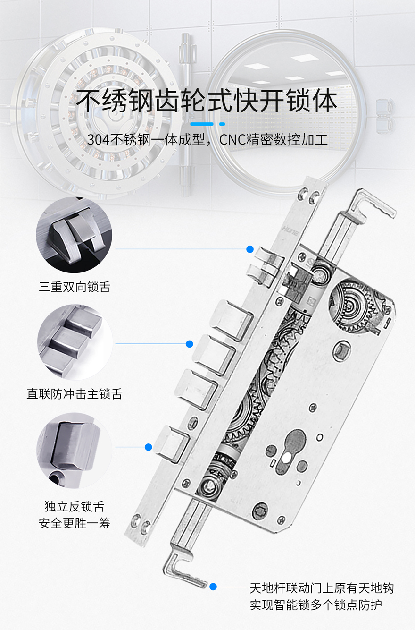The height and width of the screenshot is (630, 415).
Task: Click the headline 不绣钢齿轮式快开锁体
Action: [207, 101]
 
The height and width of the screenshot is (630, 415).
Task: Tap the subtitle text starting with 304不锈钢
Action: [207, 140]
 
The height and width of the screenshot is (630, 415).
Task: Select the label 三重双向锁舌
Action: [75, 287]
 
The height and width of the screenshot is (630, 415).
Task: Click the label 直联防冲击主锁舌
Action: [75, 394]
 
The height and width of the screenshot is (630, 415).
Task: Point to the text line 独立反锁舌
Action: [75, 507]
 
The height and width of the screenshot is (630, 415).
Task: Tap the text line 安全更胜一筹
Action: [75, 523]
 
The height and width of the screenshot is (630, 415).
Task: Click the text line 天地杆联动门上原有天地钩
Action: [322, 588]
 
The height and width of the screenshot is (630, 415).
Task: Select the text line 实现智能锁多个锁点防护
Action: [316, 605]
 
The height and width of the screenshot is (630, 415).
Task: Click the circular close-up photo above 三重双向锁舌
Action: [74, 235]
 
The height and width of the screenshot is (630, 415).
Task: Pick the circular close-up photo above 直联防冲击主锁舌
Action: [75, 342]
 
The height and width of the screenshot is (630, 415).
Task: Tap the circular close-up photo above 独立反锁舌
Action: [75, 451]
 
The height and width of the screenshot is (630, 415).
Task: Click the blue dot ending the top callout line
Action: [250, 249]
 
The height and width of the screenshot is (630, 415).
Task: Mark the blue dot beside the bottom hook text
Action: [214, 587]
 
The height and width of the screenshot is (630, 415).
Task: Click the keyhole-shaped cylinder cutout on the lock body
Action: [291, 452]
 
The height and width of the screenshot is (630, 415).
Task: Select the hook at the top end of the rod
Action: [373, 205]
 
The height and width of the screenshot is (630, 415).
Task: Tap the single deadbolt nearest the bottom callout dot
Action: [171, 444]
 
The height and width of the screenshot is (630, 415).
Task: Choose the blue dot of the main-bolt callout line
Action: [190, 344]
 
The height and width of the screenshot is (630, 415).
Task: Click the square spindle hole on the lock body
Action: [341, 350]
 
